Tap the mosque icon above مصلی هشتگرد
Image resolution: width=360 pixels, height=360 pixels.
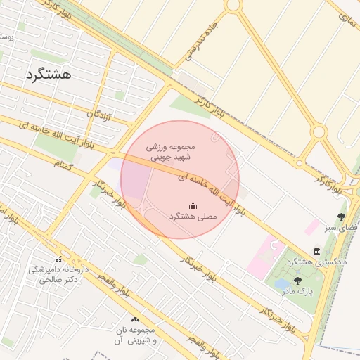pyautogui.click(x=193, y=205)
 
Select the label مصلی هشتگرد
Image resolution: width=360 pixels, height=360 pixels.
pyautogui.click(x=193, y=217)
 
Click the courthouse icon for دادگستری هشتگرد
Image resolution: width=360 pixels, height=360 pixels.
pyautogui.click(x=317, y=251)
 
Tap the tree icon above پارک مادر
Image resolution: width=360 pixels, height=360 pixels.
pyautogui.click(x=297, y=281)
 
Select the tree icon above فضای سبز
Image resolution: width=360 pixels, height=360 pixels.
pyautogui.click(x=341, y=217)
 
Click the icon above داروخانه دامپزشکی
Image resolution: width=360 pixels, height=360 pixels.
pyautogui.click(x=58, y=259)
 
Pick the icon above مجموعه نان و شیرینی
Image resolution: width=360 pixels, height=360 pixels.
pyautogui.click(x=135, y=321)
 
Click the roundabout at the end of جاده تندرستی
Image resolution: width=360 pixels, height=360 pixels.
pyautogui.click(x=232, y=5)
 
